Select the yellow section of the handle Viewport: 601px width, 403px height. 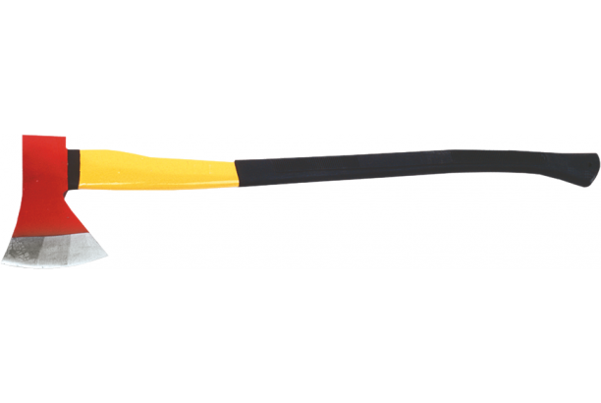(x=157, y=168)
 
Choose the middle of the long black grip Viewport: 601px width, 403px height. (x=412, y=166)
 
